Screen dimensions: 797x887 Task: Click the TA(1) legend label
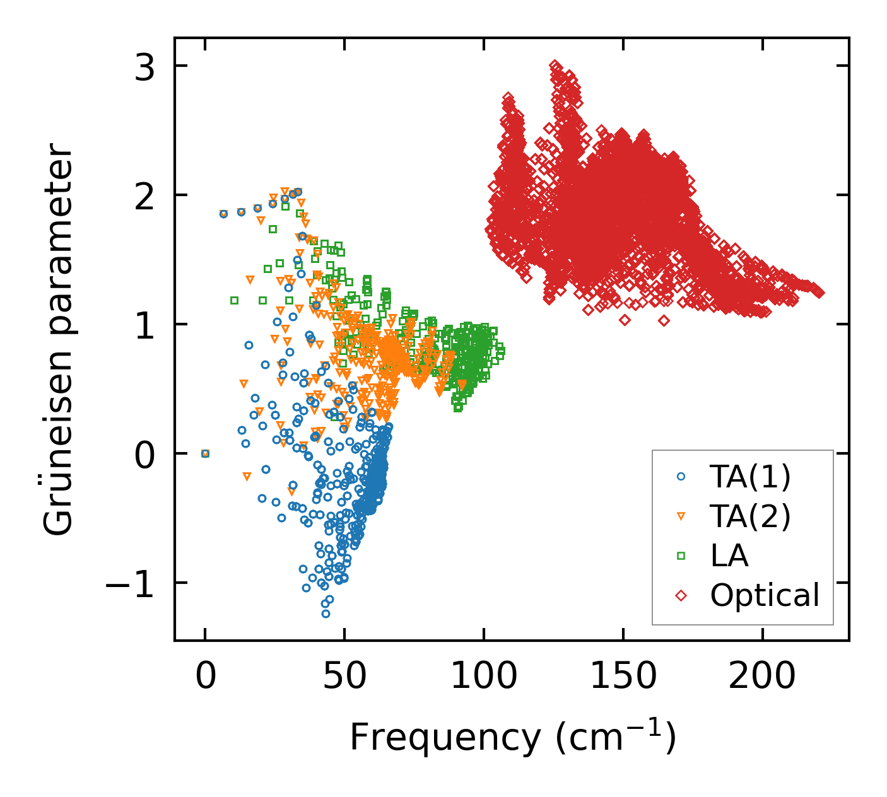(750, 477)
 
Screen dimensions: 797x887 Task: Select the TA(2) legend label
(750, 516)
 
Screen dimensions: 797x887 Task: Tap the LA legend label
(729, 556)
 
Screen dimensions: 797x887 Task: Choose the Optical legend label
(765, 595)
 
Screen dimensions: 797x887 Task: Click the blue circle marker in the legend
(681, 477)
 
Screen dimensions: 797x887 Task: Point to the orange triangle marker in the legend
(681, 516)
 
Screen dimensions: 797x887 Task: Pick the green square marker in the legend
(681, 556)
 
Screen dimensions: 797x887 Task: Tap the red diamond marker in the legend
(681, 595)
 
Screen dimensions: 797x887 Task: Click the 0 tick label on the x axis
(205, 677)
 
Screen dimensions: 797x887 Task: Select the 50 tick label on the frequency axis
(344, 677)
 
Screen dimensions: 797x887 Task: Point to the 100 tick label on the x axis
(484, 677)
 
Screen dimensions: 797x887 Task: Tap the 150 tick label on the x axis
(623, 677)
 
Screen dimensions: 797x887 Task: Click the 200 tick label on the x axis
(762, 677)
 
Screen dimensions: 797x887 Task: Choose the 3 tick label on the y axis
(145, 66)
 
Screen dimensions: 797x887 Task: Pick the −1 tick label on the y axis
(129, 583)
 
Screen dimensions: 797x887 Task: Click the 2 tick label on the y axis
(145, 195)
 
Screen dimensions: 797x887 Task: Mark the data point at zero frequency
(205, 453)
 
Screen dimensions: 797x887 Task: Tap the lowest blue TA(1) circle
(326, 614)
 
